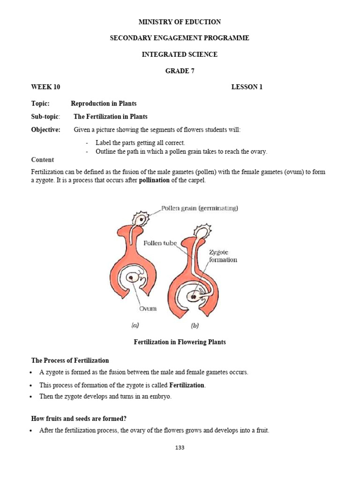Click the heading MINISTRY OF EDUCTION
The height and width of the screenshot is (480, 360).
tap(180, 22)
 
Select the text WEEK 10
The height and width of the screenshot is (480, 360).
tap(45, 87)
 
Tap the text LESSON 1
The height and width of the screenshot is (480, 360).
tap(247, 87)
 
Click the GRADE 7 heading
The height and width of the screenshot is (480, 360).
tap(180, 71)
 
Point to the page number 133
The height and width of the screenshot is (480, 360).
tap(180, 448)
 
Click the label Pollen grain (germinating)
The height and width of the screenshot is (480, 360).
tap(200, 208)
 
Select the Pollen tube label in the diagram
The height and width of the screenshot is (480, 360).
tap(160, 243)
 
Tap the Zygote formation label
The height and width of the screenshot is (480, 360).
tap(223, 256)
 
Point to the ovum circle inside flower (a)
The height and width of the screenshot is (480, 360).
tap(134, 277)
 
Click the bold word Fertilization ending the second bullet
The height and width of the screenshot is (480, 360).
tap(187, 385)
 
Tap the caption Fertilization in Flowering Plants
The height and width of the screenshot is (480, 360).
tap(180, 342)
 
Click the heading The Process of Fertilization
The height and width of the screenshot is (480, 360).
tap(70, 360)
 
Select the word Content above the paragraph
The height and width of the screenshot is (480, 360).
tap(42, 160)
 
